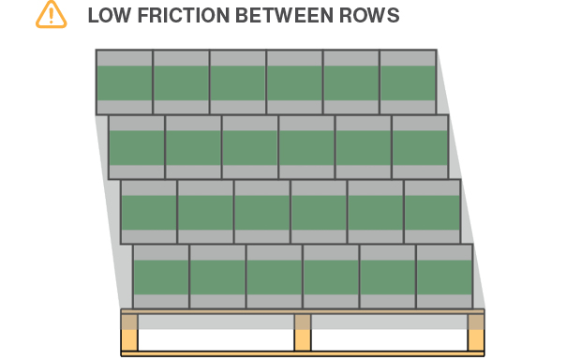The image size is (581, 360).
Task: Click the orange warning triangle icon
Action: point(52,14)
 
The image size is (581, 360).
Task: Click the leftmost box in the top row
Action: point(125,82)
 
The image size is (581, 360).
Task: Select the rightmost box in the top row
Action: point(408,82)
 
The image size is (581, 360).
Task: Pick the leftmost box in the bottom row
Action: point(161,277)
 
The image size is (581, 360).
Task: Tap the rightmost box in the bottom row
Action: point(444,277)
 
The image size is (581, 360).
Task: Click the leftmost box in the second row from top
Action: point(137,147)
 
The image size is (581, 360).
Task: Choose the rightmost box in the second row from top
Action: point(420,147)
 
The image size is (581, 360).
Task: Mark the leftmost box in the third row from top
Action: point(149,212)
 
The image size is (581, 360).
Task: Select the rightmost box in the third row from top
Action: point(432,212)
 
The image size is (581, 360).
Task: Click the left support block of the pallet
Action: point(129,333)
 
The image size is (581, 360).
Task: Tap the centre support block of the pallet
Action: point(303,333)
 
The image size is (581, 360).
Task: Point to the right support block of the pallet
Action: point(476,333)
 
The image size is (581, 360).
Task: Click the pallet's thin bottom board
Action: point(303,353)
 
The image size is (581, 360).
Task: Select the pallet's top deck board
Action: point(303,311)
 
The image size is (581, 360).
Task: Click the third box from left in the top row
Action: point(238,82)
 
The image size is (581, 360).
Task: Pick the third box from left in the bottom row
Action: point(275,277)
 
